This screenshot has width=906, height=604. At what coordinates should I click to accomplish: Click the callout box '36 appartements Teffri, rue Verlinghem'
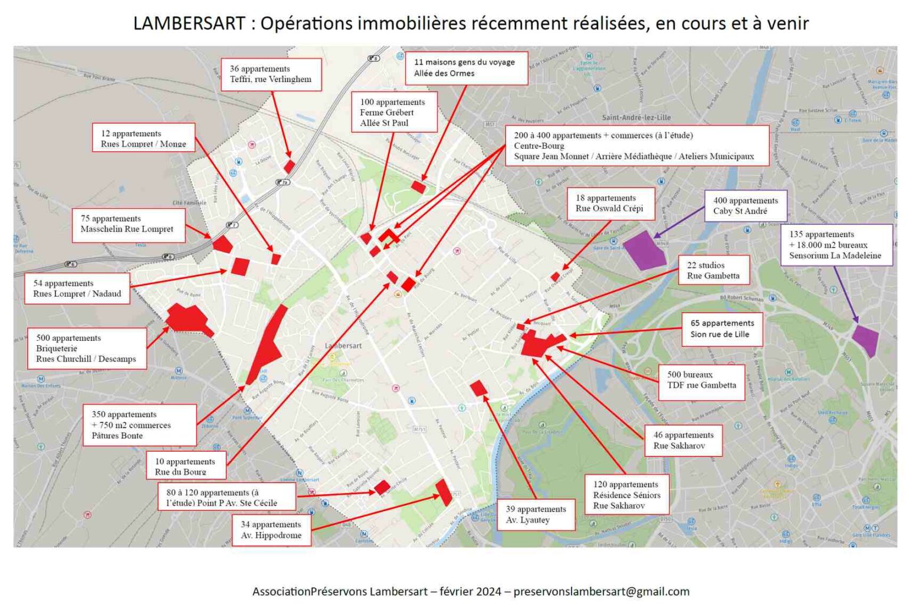coord(271,74)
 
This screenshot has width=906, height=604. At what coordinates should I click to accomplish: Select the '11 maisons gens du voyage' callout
coord(466,68)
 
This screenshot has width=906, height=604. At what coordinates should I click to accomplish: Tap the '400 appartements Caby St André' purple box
coord(746,206)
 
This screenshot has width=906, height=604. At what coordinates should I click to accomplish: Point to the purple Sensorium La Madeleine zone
coord(866,340)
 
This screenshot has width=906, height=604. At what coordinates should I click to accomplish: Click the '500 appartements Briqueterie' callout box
coord(87,349)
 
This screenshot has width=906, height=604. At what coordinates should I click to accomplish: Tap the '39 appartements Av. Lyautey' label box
coord(536,514)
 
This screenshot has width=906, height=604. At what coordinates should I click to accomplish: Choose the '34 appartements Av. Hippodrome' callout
coord(271,530)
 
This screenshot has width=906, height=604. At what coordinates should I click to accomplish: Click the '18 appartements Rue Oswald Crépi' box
coord(610,203)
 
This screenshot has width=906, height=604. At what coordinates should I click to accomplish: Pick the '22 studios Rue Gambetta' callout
coord(714,270)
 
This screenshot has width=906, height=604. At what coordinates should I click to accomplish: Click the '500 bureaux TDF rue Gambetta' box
coord(701,380)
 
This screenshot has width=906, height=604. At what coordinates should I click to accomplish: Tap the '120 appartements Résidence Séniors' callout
coord(627,495)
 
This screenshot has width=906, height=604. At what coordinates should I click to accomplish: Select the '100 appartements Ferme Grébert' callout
coord(393,112)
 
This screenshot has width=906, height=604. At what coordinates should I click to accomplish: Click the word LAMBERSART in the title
coord(189,24)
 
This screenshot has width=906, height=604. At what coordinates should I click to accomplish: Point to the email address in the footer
coord(601,591)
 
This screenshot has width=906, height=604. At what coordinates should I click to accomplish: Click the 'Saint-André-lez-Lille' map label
coord(636,117)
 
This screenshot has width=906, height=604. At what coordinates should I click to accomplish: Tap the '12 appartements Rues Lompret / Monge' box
coord(143,138)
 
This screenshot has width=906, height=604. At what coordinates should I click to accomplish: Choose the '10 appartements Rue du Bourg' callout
coord(186,466)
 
